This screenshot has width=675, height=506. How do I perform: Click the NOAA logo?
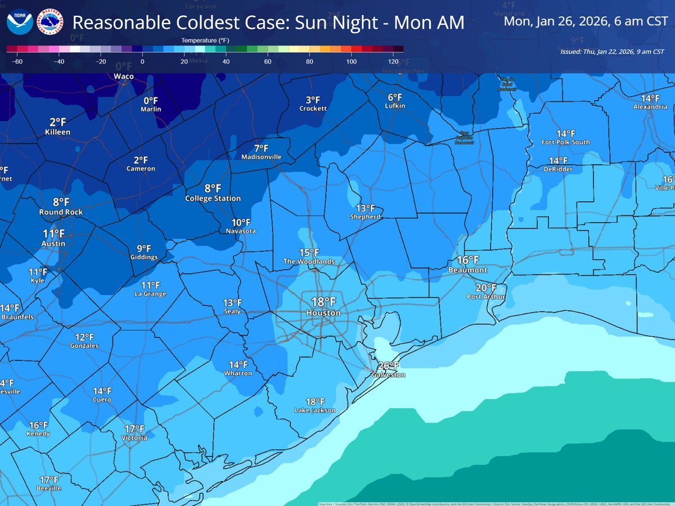pos(20,22)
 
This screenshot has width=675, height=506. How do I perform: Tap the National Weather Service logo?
pos(51,22)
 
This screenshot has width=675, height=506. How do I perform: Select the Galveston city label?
pos(388,375)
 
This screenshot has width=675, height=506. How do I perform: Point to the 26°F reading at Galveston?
pos(388,366)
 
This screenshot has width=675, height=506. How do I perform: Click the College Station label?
pos(213,198)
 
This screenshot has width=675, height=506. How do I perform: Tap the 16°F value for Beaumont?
pos(467,260)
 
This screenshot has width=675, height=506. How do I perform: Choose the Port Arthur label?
pos(487,297)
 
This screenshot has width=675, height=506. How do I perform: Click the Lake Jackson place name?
pos(315,410)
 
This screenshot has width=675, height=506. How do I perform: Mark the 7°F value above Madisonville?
pos(261,148)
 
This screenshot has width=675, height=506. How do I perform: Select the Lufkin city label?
pos(395,106)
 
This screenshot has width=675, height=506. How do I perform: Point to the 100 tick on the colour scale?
pos(352,61)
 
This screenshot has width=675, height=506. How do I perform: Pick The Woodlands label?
pos(309,261)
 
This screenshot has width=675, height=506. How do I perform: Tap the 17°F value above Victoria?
pos(134,429)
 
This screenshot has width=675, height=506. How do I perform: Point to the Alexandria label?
pos(650,106)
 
